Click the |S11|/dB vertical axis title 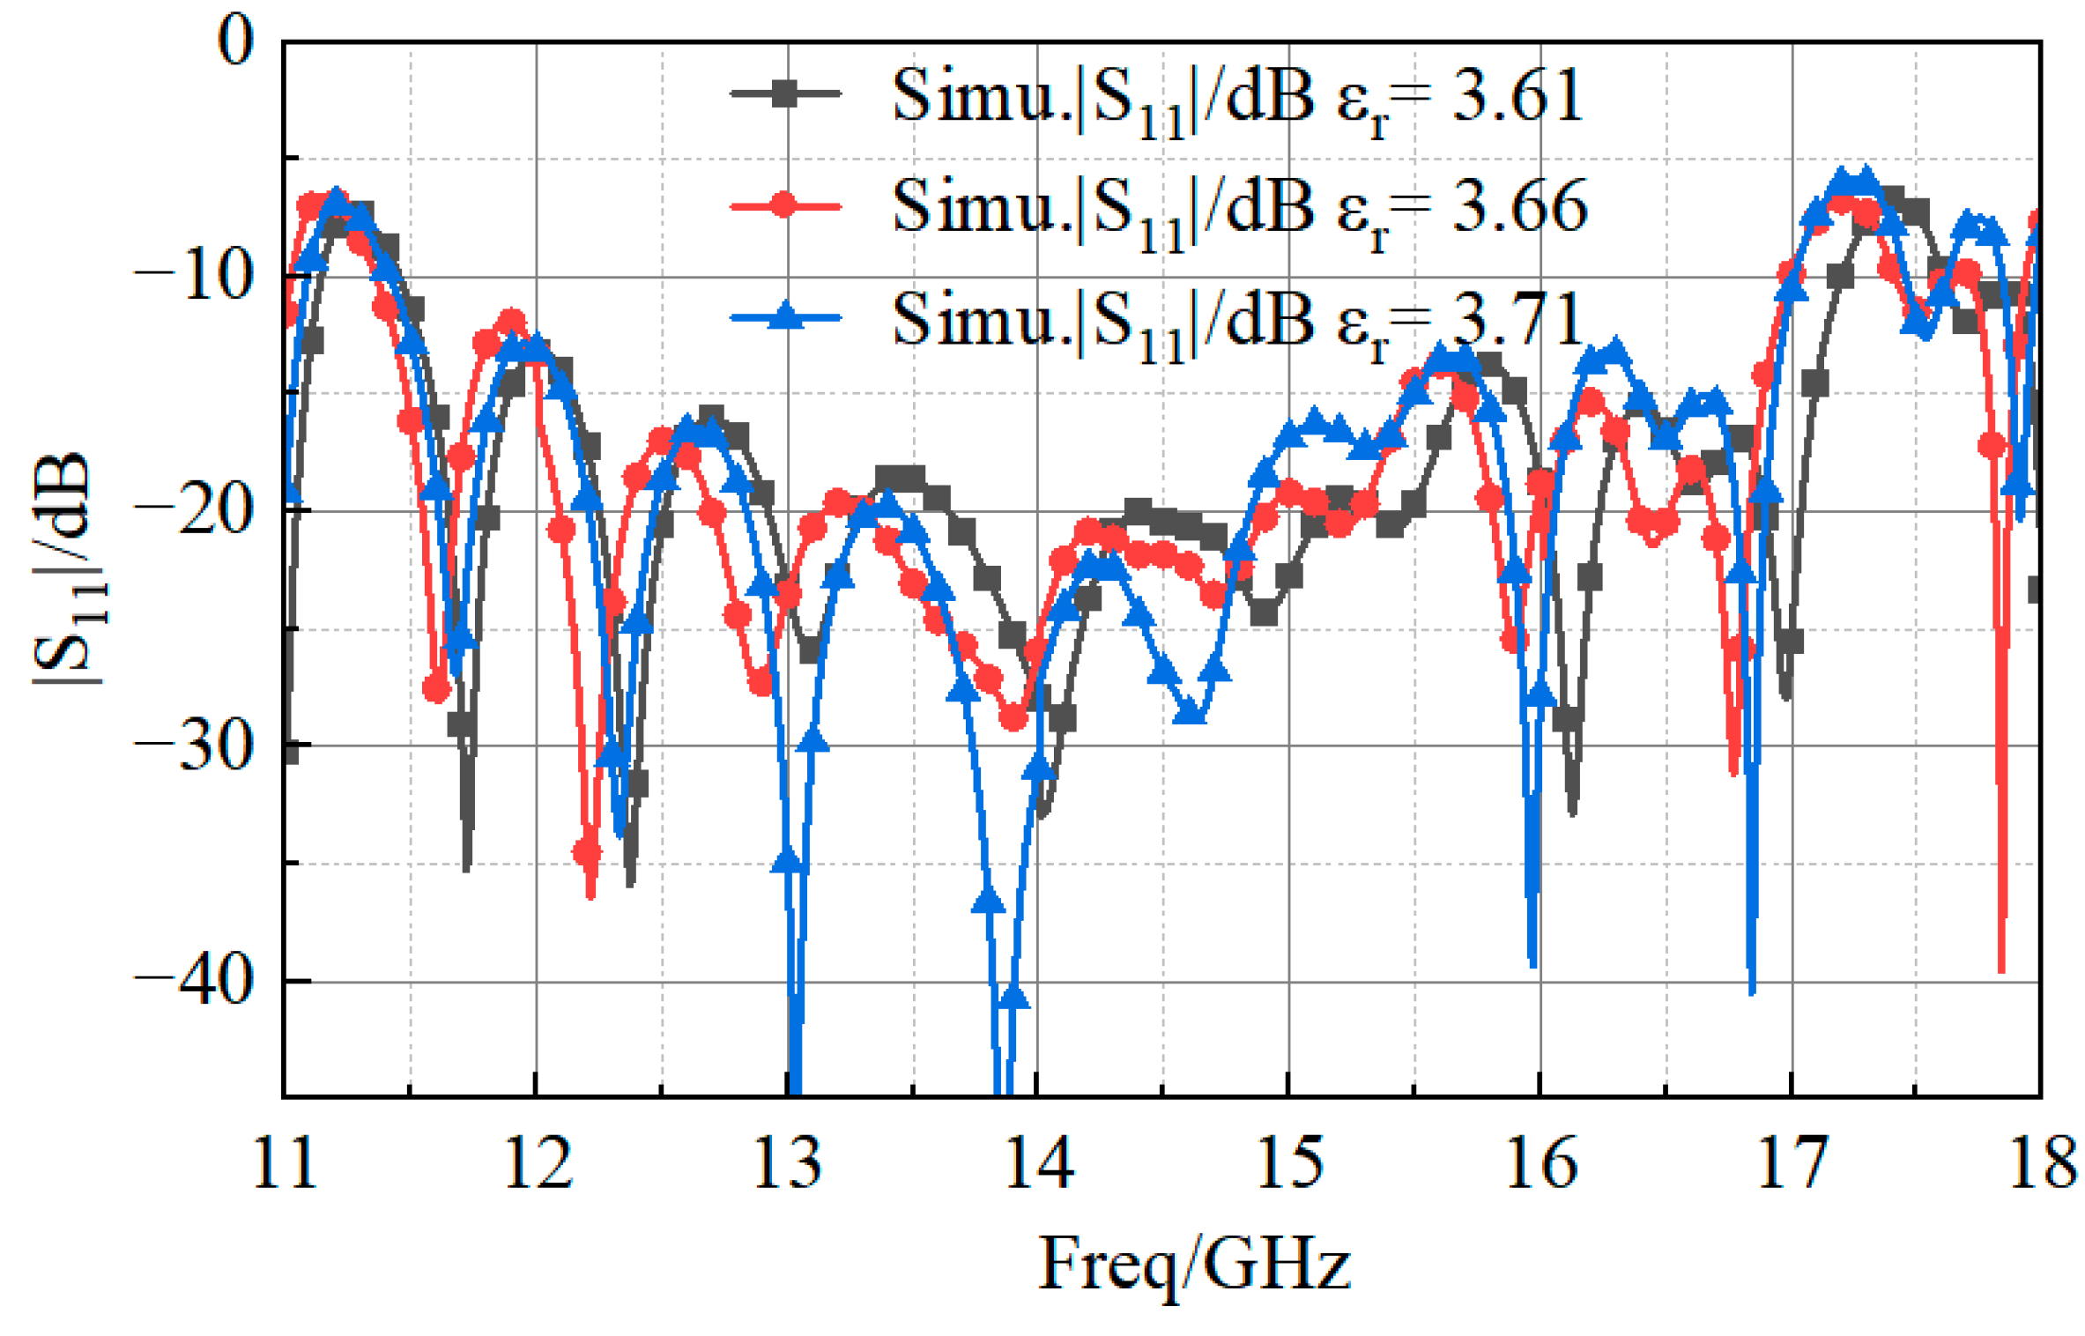point(66,568)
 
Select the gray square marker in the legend point(784,93)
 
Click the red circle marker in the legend point(784,206)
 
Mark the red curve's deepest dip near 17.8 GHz point(2002,969)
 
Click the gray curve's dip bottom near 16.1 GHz point(1573,812)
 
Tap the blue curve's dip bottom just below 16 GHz point(1533,965)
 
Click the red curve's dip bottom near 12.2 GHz point(590,895)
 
